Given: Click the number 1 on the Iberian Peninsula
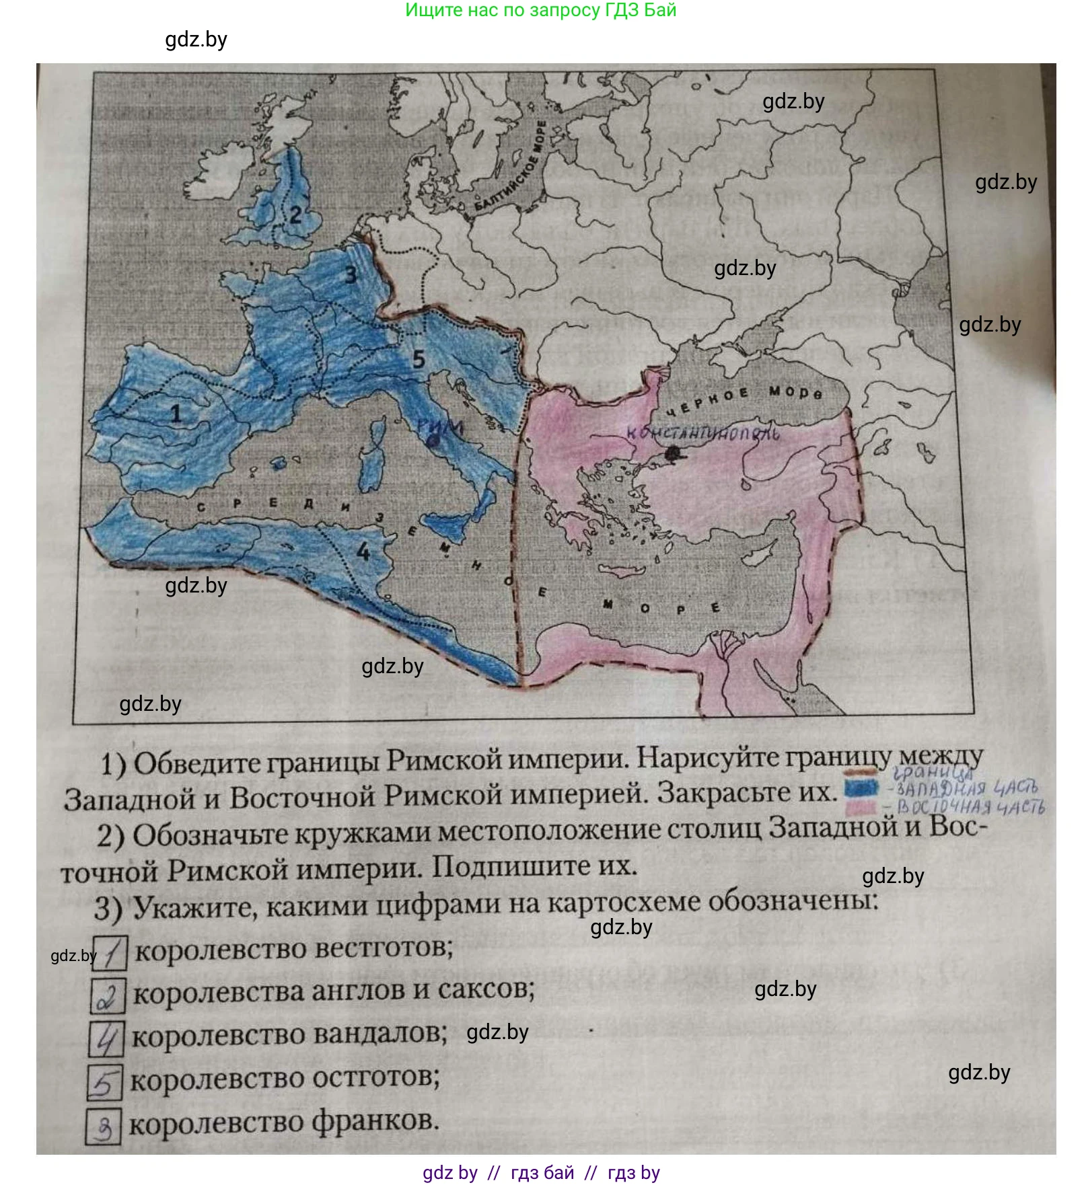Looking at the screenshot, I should [176, 412].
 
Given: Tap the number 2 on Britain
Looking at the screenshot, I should [295, 215].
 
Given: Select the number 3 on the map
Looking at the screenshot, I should [351, 274].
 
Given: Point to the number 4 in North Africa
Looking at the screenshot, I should [363, 551].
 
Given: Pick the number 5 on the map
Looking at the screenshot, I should [419, 359].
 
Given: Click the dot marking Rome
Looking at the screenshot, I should [435, 441].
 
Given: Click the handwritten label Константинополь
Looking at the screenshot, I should [703, 434].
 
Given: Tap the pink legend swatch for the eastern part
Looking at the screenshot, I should [863, 806].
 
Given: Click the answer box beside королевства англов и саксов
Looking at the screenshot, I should [107, 997].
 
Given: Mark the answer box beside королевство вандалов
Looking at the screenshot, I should [106, 1039].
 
